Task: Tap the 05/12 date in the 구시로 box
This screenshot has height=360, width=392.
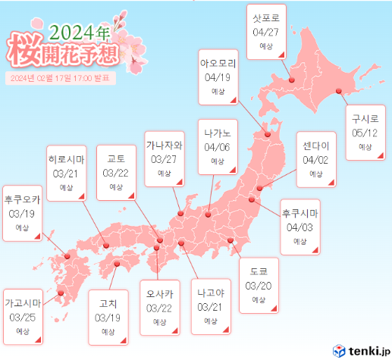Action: pyautogui.click(x=365, y=132)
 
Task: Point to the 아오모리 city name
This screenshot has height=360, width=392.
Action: pyautogui.click(x=218, y=64)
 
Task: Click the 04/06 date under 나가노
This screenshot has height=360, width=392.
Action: pyautogui.click(x=217, y=147)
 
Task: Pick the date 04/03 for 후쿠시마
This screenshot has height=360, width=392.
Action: pyautogui.click(x=299, y=227)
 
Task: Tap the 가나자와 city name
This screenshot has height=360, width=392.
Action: pyautogui.click(x=165, y=146)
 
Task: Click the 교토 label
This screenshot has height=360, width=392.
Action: pyautogui.click(x=116, y=158)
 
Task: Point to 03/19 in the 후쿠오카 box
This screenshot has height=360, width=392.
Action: pyautogui.click(x=22, y=214)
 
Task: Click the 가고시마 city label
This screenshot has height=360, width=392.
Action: pyautogui.click(x=22, y=303)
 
